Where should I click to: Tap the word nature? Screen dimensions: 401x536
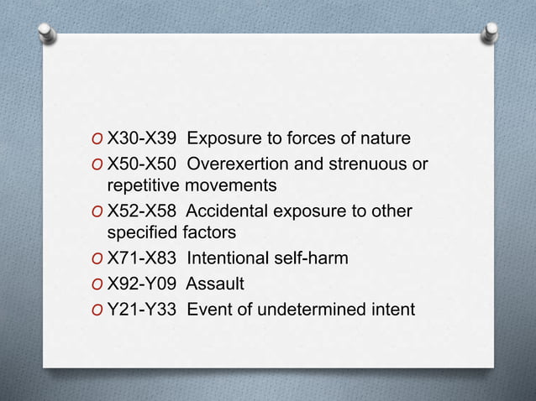[383, 138]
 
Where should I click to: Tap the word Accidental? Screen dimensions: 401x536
[239, 211]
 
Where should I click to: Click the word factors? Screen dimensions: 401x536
[209, 232]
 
